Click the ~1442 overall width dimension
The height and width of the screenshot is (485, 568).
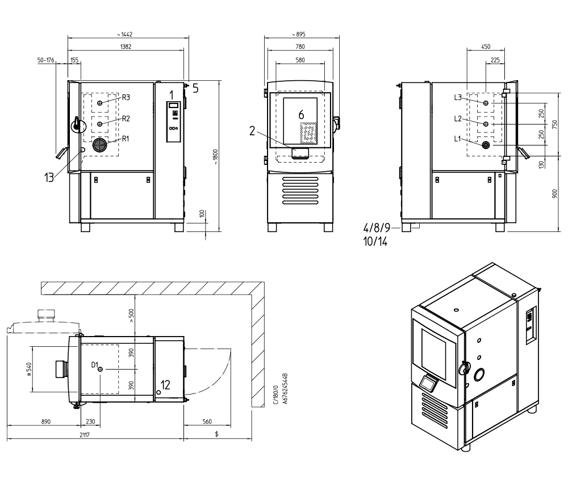[124, 35]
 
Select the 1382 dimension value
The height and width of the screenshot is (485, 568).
[126, 47]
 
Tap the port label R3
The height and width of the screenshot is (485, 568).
[126, 97]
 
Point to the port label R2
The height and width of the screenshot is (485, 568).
[126, 118]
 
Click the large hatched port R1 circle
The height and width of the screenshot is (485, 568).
[99, 145]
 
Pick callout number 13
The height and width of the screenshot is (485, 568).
[49, 177]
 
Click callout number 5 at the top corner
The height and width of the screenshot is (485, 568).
[195, 89]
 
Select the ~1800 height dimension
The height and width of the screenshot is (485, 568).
[215, 157]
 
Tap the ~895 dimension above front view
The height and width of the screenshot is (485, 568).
[299, 35]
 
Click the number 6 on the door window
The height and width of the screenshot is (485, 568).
[301, 115]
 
